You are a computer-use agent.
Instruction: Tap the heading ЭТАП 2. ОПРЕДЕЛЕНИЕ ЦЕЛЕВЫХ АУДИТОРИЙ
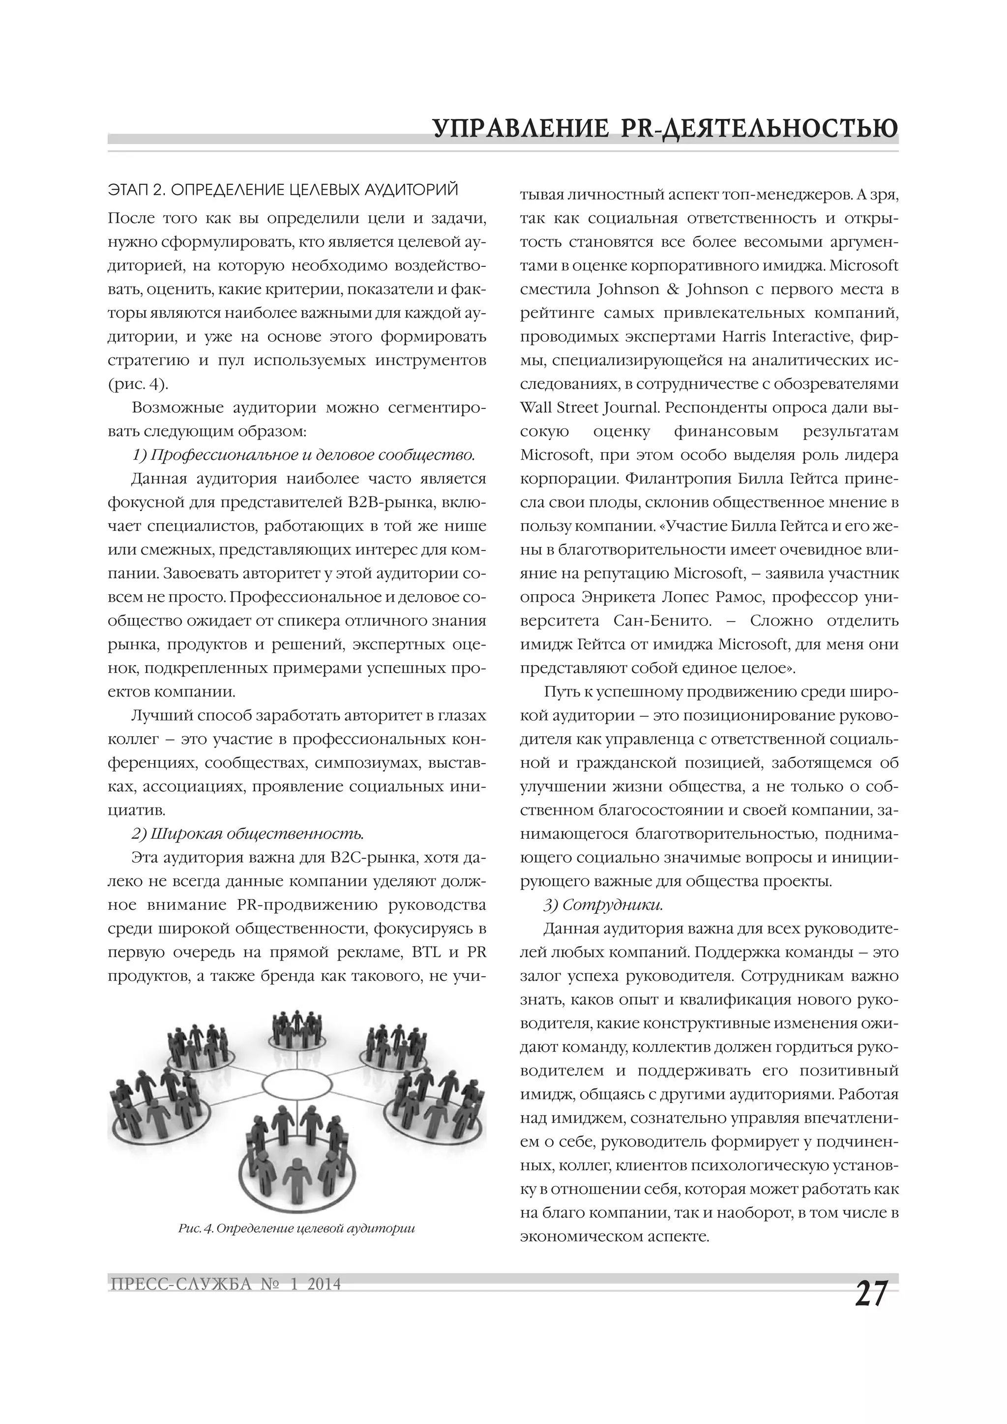tap(283, 190)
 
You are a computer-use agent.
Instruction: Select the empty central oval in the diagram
tap(296, 1084)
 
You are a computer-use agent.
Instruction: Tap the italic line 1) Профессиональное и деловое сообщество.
tap(303, 455)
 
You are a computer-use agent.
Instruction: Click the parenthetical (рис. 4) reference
tap(138, 384)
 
